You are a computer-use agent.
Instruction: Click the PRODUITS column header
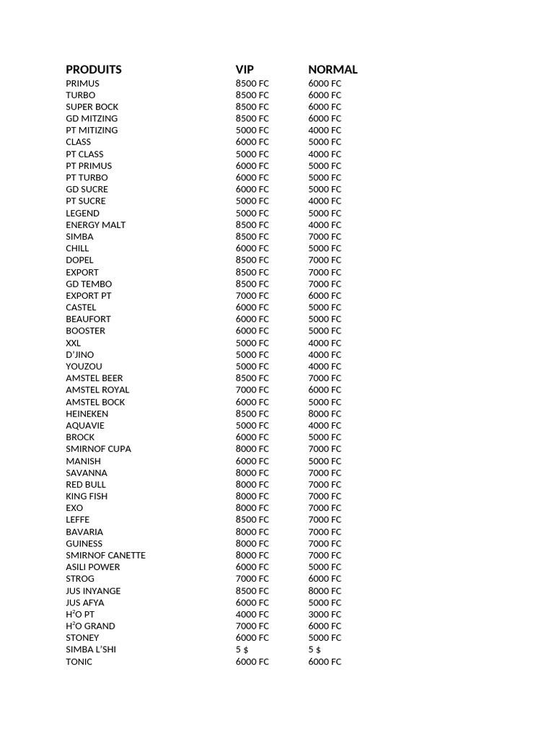click(x=94, y=70)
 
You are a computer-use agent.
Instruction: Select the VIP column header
click(x=245, y=70)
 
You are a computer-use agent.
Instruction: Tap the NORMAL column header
click(x=333, y=70)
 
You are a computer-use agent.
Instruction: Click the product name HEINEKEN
click(x=87, y=414)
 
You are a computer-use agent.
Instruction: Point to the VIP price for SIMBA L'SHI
click(x=242, y=650)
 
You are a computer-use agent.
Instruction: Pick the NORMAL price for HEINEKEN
click(x=325, y=414)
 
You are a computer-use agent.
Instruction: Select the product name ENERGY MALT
click(x=95, y=225)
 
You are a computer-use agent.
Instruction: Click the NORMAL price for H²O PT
click(x=325, y=614)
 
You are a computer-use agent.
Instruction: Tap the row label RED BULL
click(x=86, y=484)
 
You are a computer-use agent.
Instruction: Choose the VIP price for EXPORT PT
click(x=252, y=296)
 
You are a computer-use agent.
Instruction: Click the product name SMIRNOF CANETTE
click(x=105, y=555)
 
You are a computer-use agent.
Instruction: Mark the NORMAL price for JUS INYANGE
click(x=325, y=590)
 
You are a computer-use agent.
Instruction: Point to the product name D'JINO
click(x=79, y=354)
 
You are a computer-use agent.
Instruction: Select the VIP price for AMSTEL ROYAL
click(x=252, y=390)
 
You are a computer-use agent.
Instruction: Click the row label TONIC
click(x=79, y=662)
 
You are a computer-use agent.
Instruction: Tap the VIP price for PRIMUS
click(x=252, y=84)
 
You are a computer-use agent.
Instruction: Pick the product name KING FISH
click(x=87, y=496)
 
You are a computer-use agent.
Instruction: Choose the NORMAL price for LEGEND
click(x=325, y=213)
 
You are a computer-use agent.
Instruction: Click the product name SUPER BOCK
click(x=92, y=107)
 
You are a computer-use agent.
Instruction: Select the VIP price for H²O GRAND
click(x=252, y=626)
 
